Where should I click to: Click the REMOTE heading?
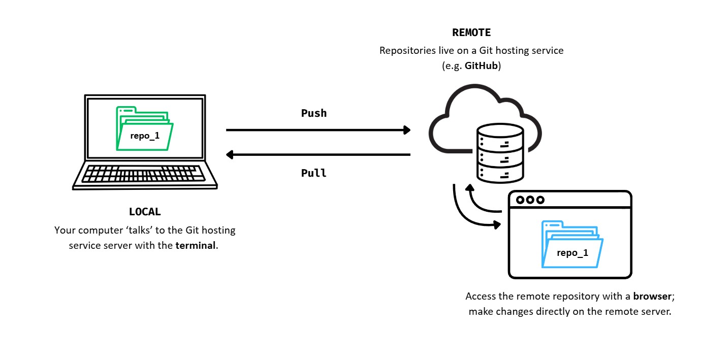(x=471, y=33)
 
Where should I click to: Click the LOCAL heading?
(x=145, y=212)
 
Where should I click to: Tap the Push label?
(x=314, y=113)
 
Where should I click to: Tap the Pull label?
(x=314, y=173)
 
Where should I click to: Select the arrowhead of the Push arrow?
(x=406, y=130)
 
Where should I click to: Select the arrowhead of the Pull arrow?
(x=230, y=154)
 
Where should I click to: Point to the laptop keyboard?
(x=145, y=174)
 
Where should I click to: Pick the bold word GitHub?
(x=482, y=67)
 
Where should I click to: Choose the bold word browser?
(x=652, y=296)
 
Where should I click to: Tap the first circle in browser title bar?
(x=520, y=200)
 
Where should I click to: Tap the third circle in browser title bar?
(x=540, y=200)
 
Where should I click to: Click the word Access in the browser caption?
(x=481, y=296)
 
